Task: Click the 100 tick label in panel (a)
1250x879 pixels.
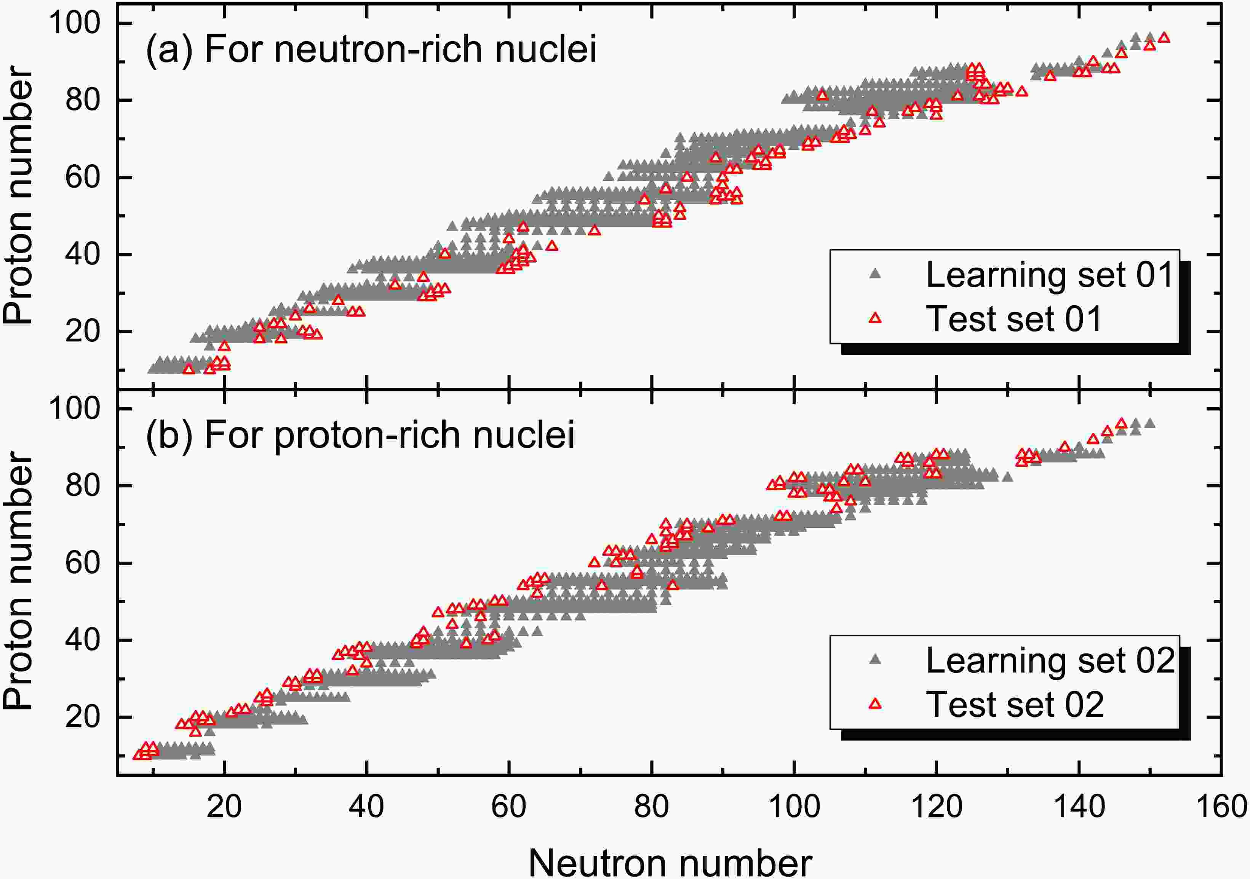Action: tap(75, 23)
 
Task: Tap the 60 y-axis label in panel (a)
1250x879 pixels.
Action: tap(83, 178)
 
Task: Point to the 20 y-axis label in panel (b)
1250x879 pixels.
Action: tap(83, 717)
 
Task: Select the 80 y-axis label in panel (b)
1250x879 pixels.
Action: tap(83, 485)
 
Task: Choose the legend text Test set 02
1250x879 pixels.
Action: tap(1014, 704)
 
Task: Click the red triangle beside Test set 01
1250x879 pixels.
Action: tap(875, 318)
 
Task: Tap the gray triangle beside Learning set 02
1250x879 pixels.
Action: tap(875, 660)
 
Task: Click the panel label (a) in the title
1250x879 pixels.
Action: tap(169, 49)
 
